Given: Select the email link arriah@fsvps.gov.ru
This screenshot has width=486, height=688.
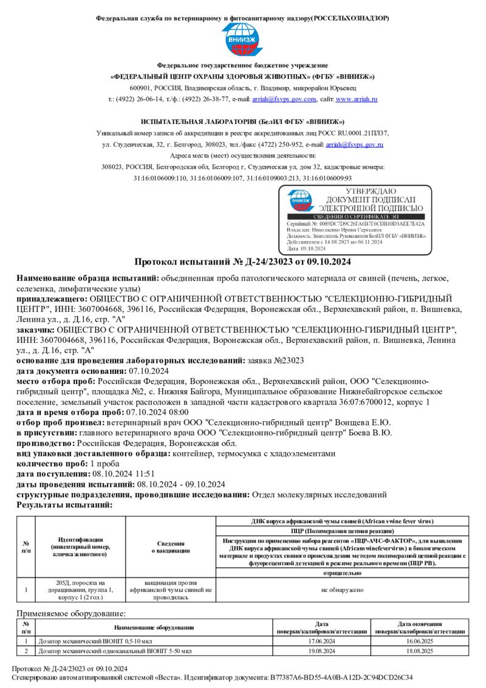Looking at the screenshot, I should tap(354, 145).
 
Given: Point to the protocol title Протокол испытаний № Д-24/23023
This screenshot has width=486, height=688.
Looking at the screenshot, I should tap(242, 263).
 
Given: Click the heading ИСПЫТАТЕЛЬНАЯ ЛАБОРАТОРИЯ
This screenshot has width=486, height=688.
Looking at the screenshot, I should tap(242, 122).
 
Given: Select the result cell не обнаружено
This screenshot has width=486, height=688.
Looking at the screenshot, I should tap(343, 589).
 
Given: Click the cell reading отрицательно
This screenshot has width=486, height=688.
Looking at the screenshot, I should tap(343, 573).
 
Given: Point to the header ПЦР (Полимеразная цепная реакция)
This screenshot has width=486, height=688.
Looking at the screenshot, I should tap(343, 531).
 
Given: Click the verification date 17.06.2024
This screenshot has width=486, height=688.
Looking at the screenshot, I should tap(322, 641).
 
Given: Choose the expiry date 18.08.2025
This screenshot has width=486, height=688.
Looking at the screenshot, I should tap(420, 651).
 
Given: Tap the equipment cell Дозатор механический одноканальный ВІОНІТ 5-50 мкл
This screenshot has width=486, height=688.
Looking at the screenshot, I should tap(115, 651).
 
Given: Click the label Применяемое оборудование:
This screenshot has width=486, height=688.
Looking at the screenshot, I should tap(71, 614).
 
